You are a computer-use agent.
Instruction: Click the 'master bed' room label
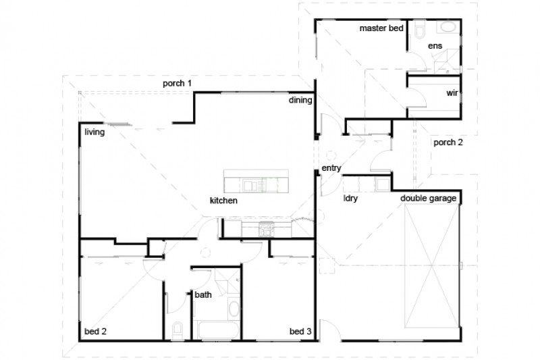coord(381,28)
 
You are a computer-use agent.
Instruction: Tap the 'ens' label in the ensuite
coord(434,47)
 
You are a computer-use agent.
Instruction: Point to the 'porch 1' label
coord(178,83)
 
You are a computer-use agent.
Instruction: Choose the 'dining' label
coord(300,101)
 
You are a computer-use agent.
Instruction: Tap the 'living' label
coord(94,132)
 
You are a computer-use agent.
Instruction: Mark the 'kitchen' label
coord(223,201)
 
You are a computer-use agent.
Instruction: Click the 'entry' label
coord(331,168)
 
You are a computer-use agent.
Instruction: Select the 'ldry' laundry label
coord(350,199)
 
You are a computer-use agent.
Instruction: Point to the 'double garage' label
coord(429,199)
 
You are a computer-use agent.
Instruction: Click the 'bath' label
coord(203,295)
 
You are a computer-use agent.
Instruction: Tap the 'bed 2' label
coord(95,332)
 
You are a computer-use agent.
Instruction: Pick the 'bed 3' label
coord(300,332)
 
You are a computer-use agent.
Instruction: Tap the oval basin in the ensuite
coord(447,28)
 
